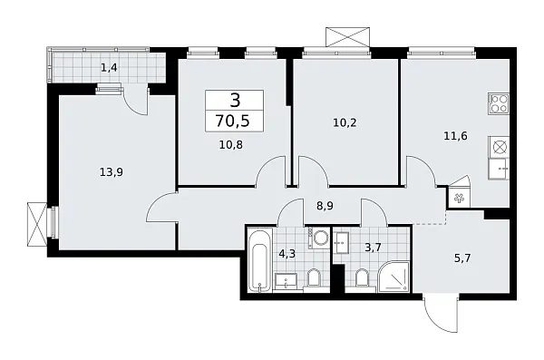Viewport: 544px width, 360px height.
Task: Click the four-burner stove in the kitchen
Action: pos(498,103)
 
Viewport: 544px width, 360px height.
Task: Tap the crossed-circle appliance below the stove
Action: pos(499,146)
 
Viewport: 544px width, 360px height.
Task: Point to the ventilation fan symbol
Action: pos(458,197)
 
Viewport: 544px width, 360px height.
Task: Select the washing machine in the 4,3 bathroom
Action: pos(319,238)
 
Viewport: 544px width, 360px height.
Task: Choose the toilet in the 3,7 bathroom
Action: pos(362,278)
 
